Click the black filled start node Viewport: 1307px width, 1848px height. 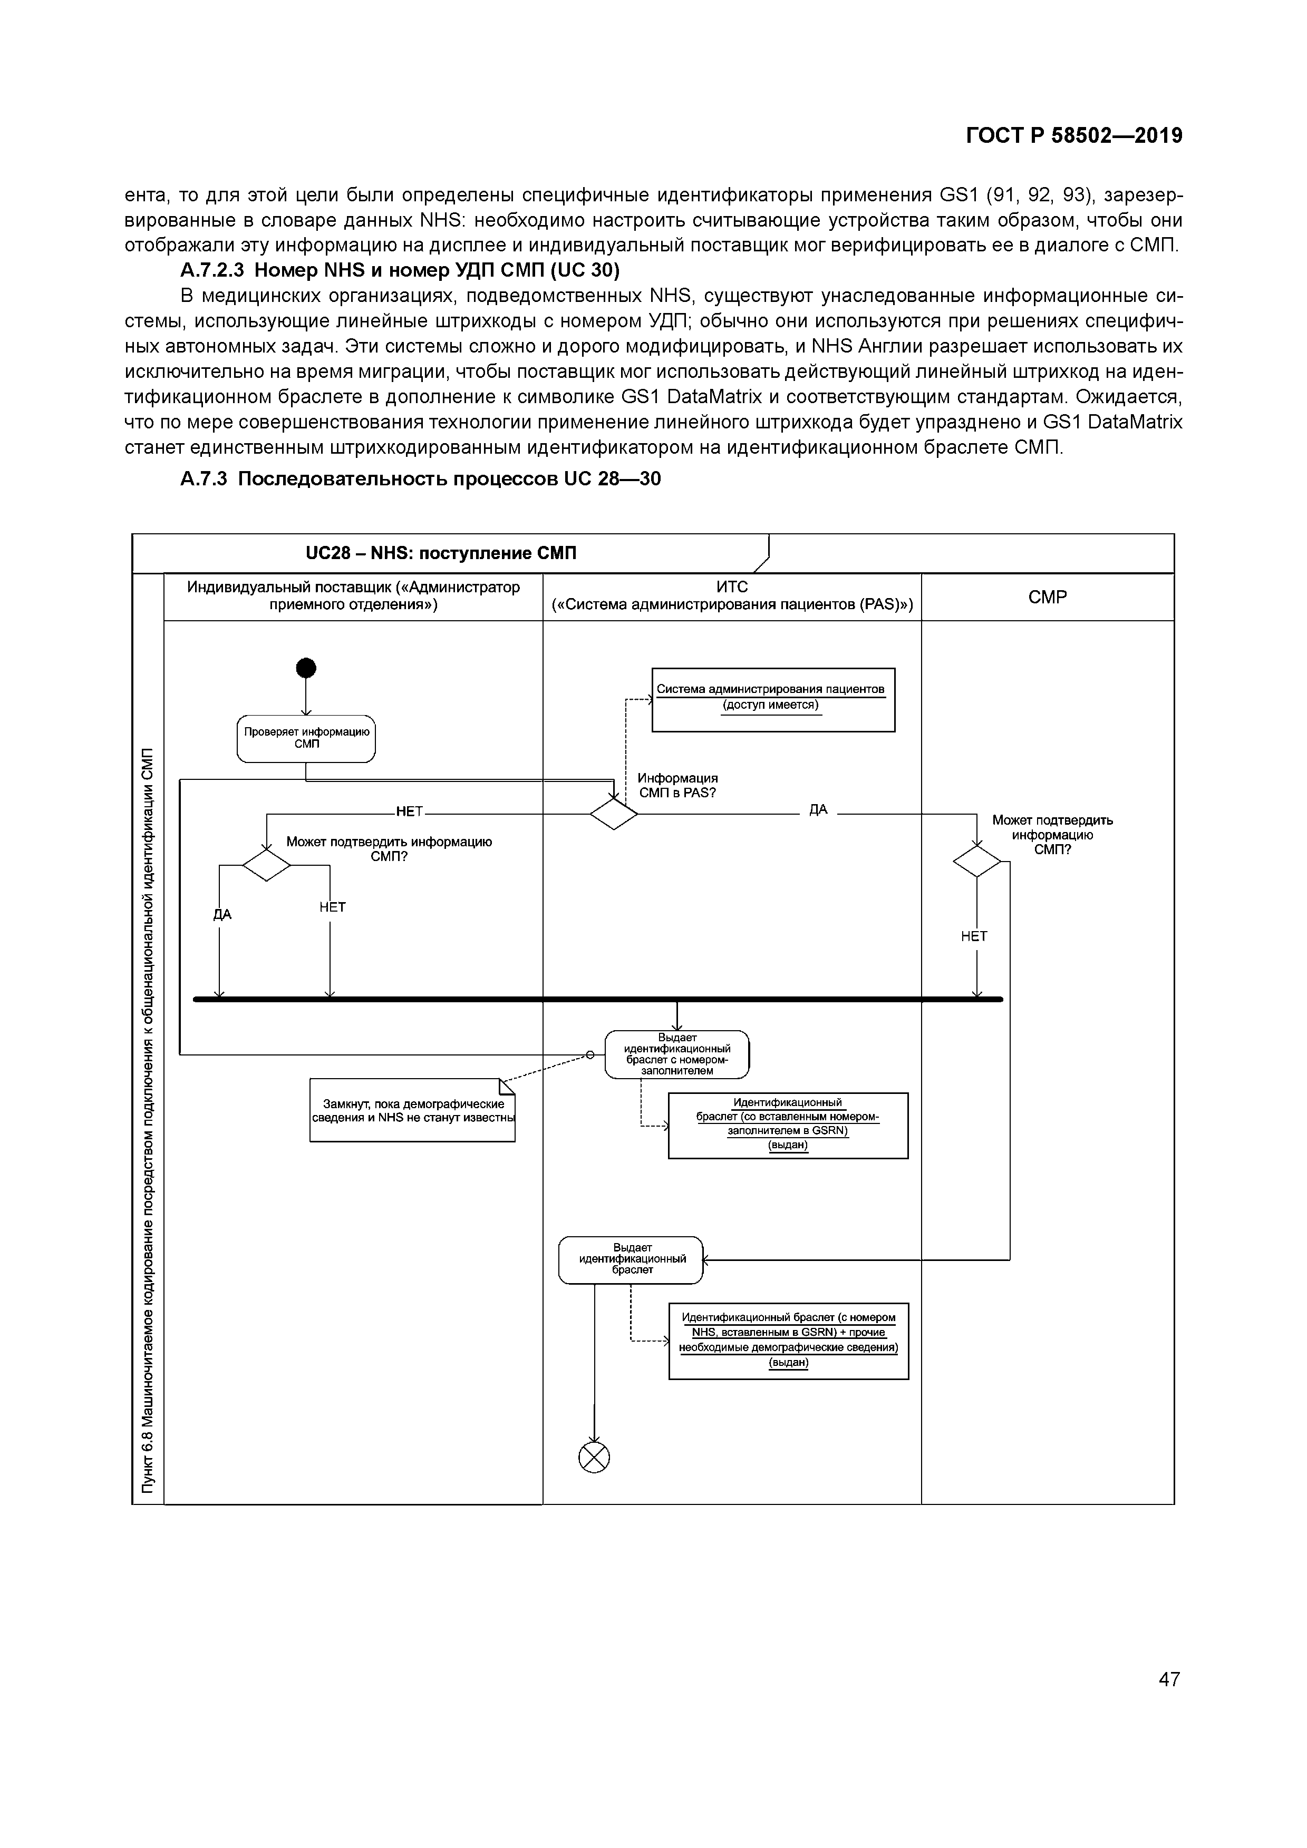click(x=306, y=668)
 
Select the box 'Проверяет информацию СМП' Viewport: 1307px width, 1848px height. click(x=306, y=738)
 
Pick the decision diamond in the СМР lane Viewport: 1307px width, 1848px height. click(x=977, y=861)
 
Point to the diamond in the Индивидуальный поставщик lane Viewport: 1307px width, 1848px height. click(x=267, y=865)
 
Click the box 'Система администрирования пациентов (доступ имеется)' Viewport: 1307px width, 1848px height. click(x=773, y=699)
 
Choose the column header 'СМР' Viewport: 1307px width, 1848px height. click(x=1047, y=597)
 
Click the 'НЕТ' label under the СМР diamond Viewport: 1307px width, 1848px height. click(x=974, y=936)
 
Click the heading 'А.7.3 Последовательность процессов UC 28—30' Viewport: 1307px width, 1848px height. click(x=420, y=479)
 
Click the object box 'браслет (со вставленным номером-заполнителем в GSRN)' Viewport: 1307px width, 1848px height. click(x=788, y=1125)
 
